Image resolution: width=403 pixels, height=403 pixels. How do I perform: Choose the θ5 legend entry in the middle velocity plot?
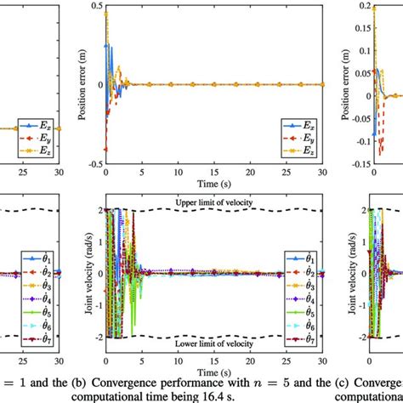[x=304, y=313]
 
